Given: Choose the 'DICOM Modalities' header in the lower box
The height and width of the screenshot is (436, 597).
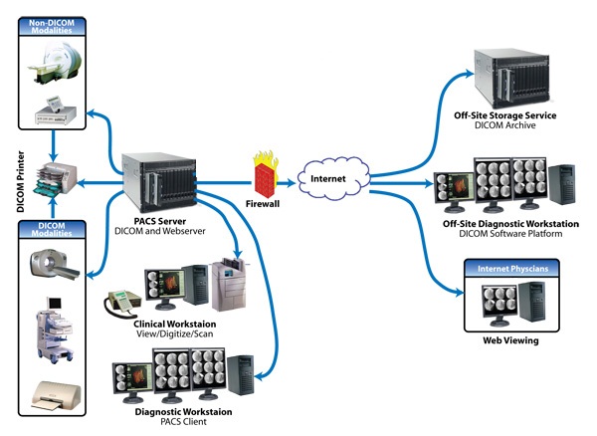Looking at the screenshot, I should (x=52, y=231).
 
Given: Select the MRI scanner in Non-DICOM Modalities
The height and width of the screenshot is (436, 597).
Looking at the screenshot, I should (x=55, y=67).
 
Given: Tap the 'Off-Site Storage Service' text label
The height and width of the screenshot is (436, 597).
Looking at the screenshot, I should (x=513, y=116).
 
